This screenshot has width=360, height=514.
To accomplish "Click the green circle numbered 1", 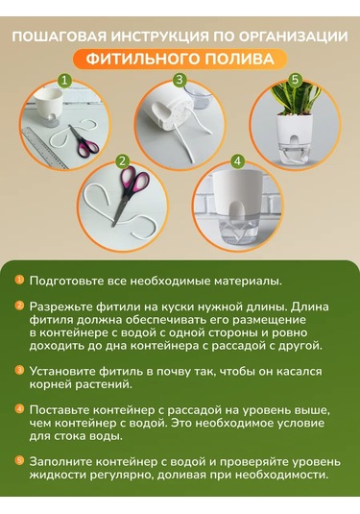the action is [x=65, y=81].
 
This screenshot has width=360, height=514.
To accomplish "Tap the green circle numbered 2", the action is [x=123, y=161].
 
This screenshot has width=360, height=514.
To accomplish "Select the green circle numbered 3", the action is [x=180, y=80].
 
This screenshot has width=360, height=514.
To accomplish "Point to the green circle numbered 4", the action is [x=237, y=161].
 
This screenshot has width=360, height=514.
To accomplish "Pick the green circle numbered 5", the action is [x=296, y=80].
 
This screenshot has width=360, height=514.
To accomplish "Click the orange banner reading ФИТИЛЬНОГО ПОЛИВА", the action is [x=180, y=59].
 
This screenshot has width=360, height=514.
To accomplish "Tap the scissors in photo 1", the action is [x=84, y=140].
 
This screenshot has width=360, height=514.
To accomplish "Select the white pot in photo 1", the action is [x=49, y=106].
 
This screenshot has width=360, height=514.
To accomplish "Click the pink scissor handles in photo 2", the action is [x=135, y=180].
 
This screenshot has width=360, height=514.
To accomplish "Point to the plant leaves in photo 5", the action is [x=296, y=98].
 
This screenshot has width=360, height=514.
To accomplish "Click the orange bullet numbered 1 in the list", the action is [x=19, y=281].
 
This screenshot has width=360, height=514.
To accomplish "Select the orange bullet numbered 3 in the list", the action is [x=19, y=371].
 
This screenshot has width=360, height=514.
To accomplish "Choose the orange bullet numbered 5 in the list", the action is [x=19, y=460].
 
